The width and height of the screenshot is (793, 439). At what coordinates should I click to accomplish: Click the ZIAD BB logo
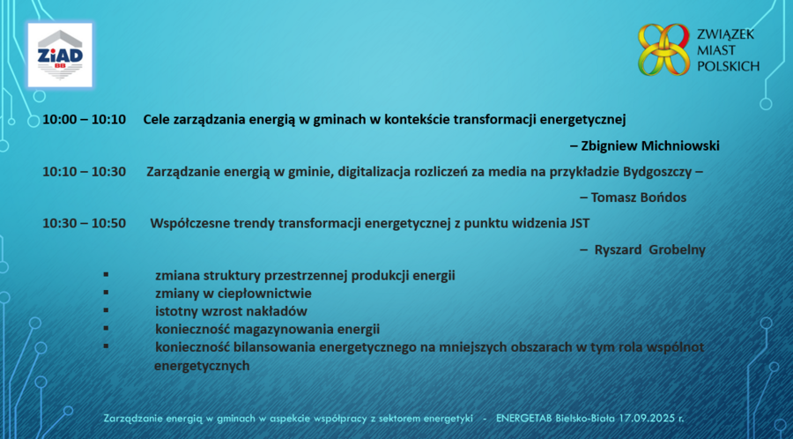pos(60,55)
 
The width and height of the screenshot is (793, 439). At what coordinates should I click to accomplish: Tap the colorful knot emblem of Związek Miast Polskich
pos(663,49)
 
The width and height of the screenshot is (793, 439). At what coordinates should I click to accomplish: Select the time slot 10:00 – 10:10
pos(84,120)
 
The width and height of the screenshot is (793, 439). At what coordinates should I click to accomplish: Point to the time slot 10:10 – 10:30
pos(84,172)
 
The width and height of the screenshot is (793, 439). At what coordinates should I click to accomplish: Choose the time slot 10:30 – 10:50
pos(84,224)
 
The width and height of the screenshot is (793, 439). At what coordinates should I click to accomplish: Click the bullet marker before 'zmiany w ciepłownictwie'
pos(107,293)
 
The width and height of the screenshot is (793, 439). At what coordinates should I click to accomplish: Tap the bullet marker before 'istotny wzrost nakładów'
pos(107,310)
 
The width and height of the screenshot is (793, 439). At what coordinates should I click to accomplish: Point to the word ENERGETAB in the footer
pos(524,418)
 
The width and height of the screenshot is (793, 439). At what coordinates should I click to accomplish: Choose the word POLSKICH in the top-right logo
pos(729,66)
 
